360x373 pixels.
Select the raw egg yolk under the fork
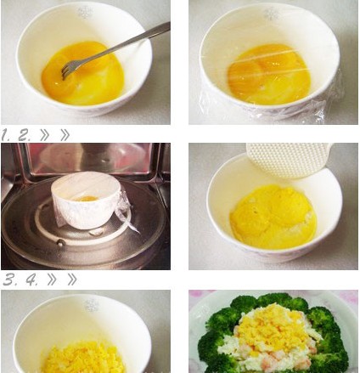click(x=82, y=74)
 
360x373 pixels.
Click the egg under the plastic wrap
click(x=269, y=74)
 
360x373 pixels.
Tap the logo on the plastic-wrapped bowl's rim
click(x=271, y=14)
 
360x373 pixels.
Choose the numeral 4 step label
click(x=32, y=280)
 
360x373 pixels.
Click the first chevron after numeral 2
click(x=45, y=135)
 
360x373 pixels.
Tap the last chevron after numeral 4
click(x=72, y=280)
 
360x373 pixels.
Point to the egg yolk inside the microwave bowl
click(x=86, y=199)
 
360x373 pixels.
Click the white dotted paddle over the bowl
click(x=289, y=160)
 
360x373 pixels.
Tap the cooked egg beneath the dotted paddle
click(x=273, y=217)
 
